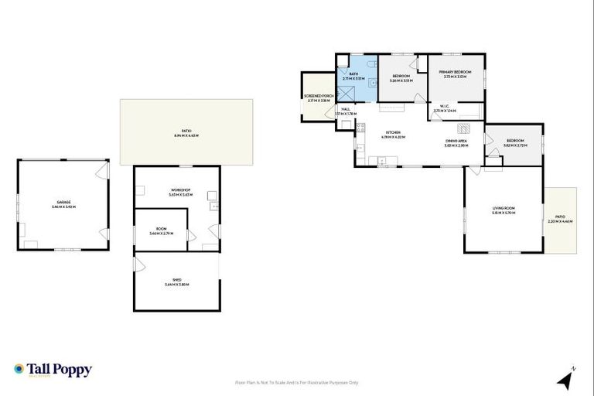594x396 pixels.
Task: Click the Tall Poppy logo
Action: click(53, 370)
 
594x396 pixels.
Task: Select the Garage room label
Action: click(63, 204)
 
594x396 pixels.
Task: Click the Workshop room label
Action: click(179, 193)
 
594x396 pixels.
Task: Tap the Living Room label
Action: click(504, 210)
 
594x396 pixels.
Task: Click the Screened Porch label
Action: click(317, 98)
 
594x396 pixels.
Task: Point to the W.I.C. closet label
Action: click(445, 108)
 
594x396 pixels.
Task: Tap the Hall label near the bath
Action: click(346, 111)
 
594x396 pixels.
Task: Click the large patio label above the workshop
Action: click(186, 134)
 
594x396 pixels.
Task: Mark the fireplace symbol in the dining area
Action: click(464, 128)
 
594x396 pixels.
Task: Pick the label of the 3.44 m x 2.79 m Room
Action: click(161, 230)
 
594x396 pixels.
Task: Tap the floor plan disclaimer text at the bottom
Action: click(297, 382)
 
